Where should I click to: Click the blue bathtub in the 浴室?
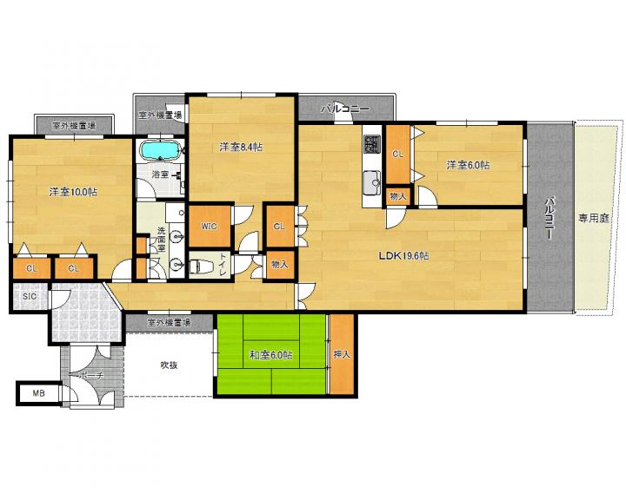pyautogui.click(x=160, y=150)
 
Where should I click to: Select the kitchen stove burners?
pyautogui.click(x=372, y=144)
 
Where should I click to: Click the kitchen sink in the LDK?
pyautogui.click(x=372, y=183)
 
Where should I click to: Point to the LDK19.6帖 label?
pyautogui.click(x=403, y=256)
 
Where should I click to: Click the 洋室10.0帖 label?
pyautogui.click(x=73, y=192)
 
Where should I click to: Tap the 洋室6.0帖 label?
pyautogui.click(x=469, y=165)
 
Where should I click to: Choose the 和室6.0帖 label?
pyautogui.click(x=270, y=354)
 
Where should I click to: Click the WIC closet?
pyautogui.click(x=210, y=226)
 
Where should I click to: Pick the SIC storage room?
pyautogui.click(x=30, y=296)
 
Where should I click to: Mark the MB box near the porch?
pyautogui.click(x=39, y=393)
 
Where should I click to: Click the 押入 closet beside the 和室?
pyautogui.click(x=342, y=354)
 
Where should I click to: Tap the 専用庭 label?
pyautogui.click(x=594, y=218)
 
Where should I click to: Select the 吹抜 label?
pyautogui.click(x=169, y=365)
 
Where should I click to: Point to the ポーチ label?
pyautogui.click(x=92, y=376)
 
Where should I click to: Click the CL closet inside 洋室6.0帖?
pyautogui.click(x=397, y=155)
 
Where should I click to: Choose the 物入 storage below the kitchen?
pyautogui.click(x=398, y=196)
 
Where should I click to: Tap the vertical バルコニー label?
pyautogui.click(x=550, y=218)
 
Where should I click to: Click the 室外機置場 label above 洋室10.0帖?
pyautogui.click(x=74, y=126)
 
